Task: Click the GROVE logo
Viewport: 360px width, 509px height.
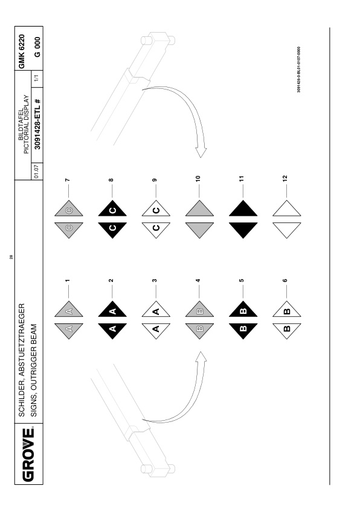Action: (x=28, y=455)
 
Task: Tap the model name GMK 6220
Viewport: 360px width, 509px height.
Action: (x=21, y=51)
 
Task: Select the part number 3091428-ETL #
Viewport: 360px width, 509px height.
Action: (x=37, y=124)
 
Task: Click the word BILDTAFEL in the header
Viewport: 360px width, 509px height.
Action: (x=21, y=125)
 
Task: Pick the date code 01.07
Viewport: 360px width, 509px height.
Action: (x=36, y=172)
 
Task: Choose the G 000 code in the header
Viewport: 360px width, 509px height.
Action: (x=37, y=47)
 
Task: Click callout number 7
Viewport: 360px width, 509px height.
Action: (x=67, y=180)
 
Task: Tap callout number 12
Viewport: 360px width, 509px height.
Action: (x=284, y=178)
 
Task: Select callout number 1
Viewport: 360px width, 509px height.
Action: (x=67, y=280)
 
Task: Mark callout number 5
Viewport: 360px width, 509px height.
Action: (x=241, y=280)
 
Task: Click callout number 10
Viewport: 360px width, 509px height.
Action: (x=198, y=178)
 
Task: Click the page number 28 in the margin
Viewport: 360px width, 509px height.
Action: (x=11, y=257)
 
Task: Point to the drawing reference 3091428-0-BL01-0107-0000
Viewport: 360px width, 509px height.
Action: (x=298, y=70)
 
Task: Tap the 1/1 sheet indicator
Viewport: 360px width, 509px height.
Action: (x=36, y=78)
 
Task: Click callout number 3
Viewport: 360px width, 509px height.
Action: (x=155, y=280)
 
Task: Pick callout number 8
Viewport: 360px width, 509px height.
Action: (x=111, y=180)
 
